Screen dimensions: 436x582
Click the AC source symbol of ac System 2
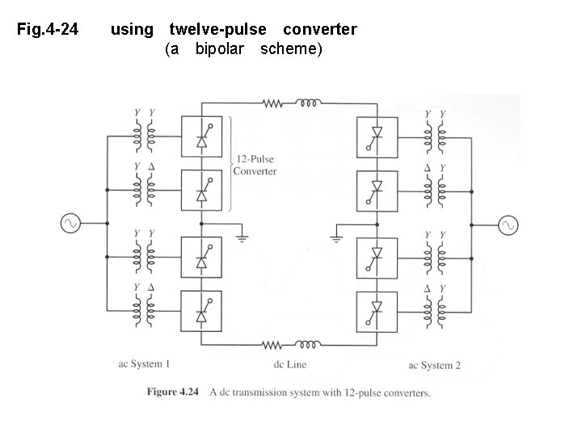(x=510, y=225)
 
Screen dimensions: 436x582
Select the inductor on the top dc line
(x=308, y=103)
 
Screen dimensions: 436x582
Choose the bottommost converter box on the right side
(x=376, y=308)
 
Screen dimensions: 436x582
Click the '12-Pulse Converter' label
(x=255, y=165)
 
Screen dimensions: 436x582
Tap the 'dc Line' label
(x=290, y=365)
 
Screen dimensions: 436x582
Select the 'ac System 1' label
(x=144, y=364)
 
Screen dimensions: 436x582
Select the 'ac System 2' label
(x=435, y=365)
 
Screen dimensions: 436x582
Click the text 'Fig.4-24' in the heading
(x=48, y=30)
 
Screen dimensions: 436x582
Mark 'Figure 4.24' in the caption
(x=172, y=393)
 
